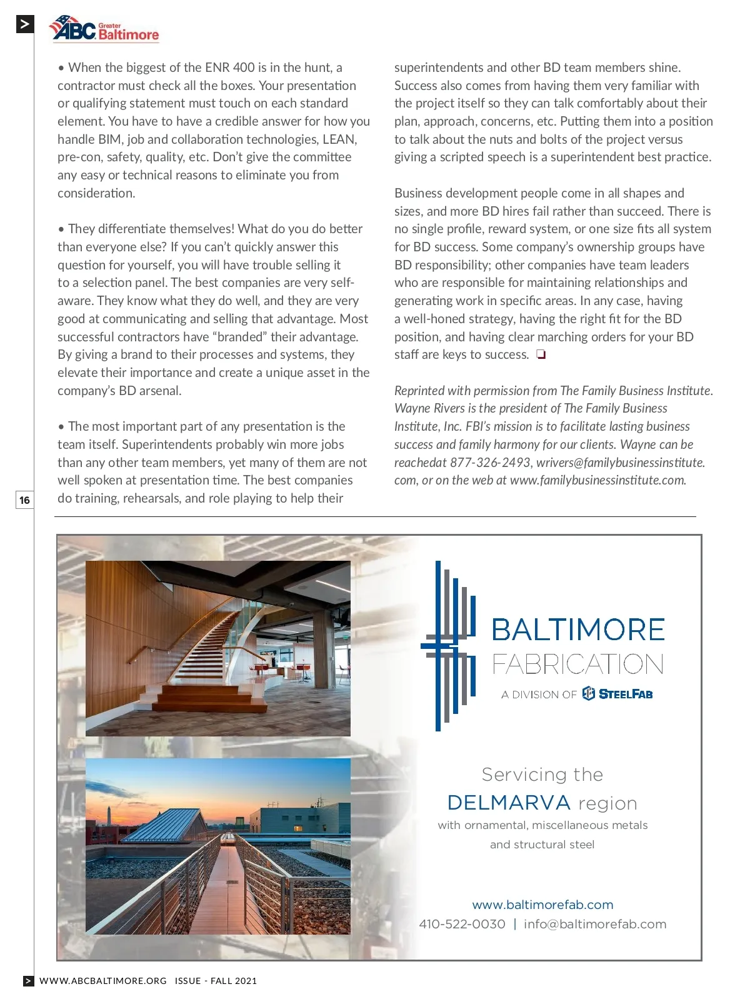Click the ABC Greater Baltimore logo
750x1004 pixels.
click(x=104, y=29)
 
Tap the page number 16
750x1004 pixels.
click(x=24, y=499)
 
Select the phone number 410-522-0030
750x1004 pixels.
click(x=462, y=924)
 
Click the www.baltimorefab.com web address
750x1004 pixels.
click(x=542, y=905)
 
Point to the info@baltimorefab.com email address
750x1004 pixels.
click(x=595, y=924)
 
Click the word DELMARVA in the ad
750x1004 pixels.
click(x=509, y=803)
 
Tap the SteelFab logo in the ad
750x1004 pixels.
click(x=617, y=694)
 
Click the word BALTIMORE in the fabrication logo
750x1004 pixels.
click(x=578, y=630)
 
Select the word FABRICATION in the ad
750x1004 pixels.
click(x=578, y=664)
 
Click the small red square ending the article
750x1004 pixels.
click(x=541, y=355)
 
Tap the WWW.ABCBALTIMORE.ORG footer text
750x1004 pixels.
click(x=103, y=981)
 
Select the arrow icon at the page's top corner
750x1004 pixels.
click(x=24, y=24)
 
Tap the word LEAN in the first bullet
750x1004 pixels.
click(x=339, y=139)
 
